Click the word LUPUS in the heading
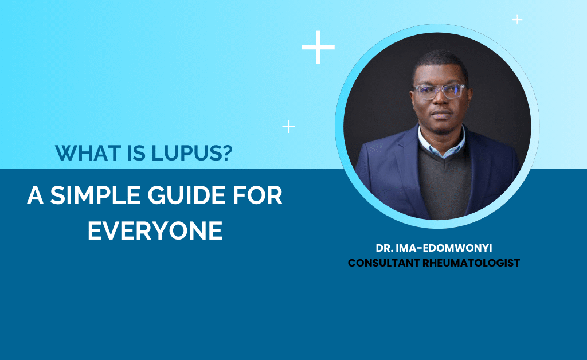pyautogui.click(x=186, y=152)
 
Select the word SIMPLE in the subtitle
pyautogui.click(x=95, y=195)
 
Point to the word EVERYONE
pyautogui.click(x=155, y=230)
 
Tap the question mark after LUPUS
pyautogui.click(x=227, y=152)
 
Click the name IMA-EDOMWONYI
pyautogui.click(x=444, y=248)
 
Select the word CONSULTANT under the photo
pyautogui.click(x=383, y=263)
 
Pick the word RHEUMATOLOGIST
pyautogui.click(x=471, y=263)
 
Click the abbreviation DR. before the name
pyautogui.click(x=385, y=248)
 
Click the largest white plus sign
pyautogui.click(x=318, y=47)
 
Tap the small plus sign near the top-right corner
pyautogui.click(x=518, y=19)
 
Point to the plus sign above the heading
pyautogui.click(x=289, y=127)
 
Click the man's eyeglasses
pyautogui.click(x=440, y=92)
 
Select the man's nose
pyautogui.click(x=441, y=100)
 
